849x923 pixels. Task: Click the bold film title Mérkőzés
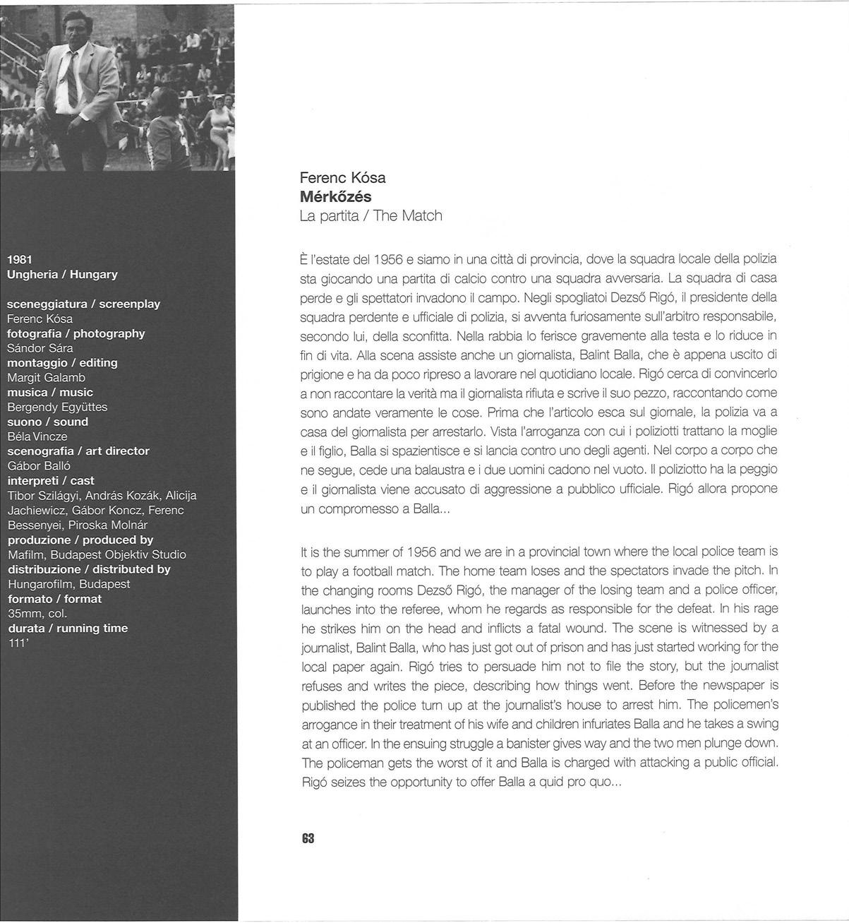coord(335,196)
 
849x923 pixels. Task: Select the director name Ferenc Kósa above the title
coord(342,177)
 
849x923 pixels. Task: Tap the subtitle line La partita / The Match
coord(371,215)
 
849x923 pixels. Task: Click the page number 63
coord(308,838)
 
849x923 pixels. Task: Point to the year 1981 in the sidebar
coord(20,259)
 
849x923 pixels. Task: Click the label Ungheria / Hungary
coord(62,274)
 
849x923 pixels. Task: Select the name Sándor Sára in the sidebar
coord(40,347)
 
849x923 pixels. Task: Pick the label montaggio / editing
coord(62,362)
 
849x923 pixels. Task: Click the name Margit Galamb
coord(46,377)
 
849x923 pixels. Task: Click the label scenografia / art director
coord(78,451)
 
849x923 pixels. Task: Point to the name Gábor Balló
coord(39,465)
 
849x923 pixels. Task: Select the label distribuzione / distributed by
coord(89,568)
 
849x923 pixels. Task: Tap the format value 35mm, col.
coord(37,613)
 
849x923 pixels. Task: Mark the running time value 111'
coord(16,643)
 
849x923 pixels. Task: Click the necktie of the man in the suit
coord(72,78)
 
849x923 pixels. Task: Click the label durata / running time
coord(68,628)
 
